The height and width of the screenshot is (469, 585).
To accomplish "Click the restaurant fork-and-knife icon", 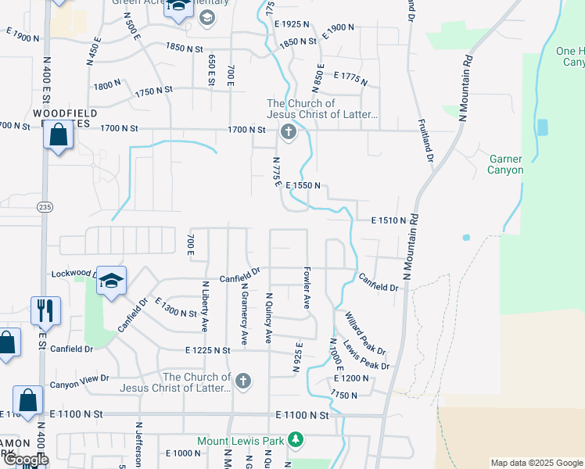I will tap(45, 310).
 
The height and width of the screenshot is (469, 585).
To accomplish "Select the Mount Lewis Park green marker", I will tap(295, 441).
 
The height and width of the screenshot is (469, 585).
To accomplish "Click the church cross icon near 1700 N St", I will tap(288, 131).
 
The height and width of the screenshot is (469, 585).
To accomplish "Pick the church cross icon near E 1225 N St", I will tap(243, 381).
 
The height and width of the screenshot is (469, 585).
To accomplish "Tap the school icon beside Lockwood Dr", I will tap(112, 281).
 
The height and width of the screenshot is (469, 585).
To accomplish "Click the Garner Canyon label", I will tap(504, 164).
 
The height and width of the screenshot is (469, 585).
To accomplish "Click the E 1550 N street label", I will tap(304, 185).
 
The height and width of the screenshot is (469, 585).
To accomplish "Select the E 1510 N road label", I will tap(388, 220).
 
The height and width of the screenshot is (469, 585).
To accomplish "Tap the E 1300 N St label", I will tap(175, 307).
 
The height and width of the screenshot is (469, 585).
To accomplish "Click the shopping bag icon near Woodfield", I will tap(59, 135).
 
